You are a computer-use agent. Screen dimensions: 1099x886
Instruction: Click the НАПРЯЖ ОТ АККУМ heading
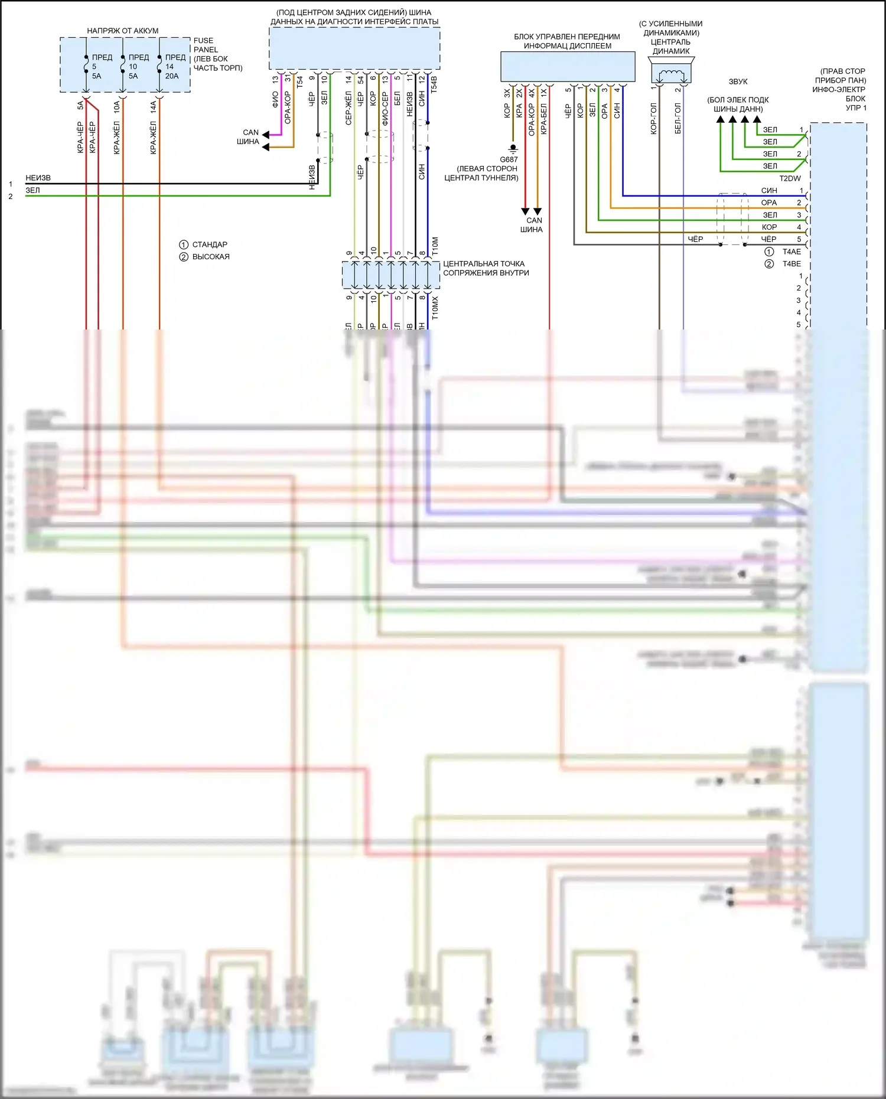coord(122,31)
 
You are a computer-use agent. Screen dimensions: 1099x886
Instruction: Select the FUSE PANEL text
coord(205,45)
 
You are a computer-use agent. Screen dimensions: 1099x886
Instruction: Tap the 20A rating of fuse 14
coord(172,76)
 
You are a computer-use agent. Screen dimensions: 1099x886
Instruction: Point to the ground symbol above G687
coord(513,148)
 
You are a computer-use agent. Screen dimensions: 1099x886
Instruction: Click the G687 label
coord(509,159)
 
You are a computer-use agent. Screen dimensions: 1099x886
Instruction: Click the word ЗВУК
coord(738,81)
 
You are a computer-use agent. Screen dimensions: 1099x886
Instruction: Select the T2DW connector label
coord(790,178)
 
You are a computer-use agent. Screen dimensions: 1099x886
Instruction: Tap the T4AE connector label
coord(791,252)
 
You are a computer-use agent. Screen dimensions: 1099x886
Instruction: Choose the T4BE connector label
coord(791,264)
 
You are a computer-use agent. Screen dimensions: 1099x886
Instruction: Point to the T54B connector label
coord(434,84)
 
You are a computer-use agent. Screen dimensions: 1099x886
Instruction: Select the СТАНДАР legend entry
coord(210,244)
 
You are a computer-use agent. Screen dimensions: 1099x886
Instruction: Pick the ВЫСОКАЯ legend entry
coord(211,257)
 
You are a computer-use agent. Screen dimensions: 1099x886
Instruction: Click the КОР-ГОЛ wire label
coord(654,119)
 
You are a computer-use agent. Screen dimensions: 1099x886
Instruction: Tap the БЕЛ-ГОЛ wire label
coord(678,119)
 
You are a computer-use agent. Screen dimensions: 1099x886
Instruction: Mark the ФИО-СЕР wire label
coord(385,108)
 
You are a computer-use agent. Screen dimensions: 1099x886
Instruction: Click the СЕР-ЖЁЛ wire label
coord(348,108)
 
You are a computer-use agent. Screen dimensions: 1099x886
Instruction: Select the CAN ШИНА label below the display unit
coord(532,225)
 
